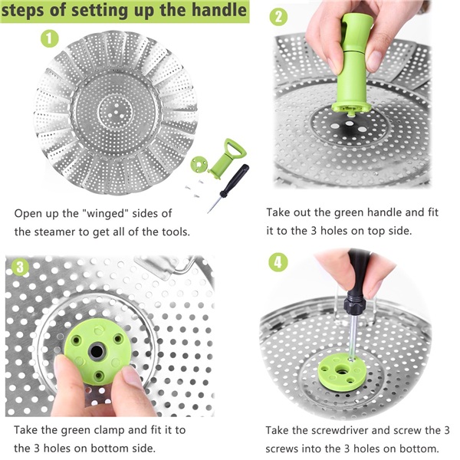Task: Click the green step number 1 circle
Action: [49, 38]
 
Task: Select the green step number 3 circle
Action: [20, 267]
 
